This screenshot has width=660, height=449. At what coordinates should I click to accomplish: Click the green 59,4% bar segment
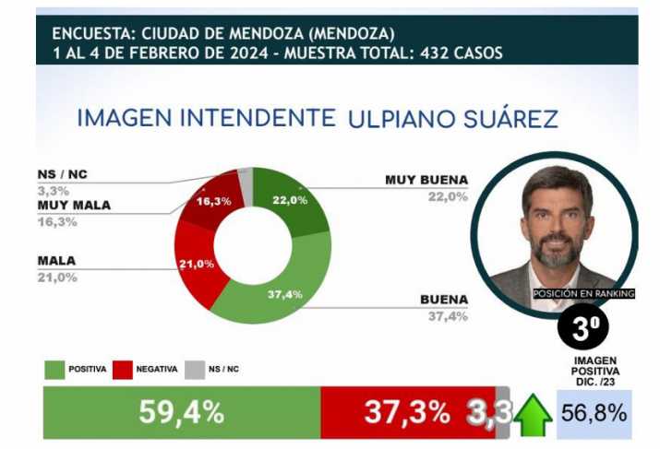(181, 412)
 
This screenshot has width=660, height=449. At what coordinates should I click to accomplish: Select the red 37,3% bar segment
(407, 412)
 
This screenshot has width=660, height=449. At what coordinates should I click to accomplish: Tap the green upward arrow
(533, 414)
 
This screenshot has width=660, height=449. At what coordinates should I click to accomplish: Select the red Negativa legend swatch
(123, 369)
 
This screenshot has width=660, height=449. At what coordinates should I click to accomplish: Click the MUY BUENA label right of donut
(427, 179)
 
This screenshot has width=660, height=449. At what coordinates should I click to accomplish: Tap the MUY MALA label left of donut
(73, 205)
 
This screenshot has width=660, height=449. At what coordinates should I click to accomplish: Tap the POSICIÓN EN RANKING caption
(584, 293)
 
